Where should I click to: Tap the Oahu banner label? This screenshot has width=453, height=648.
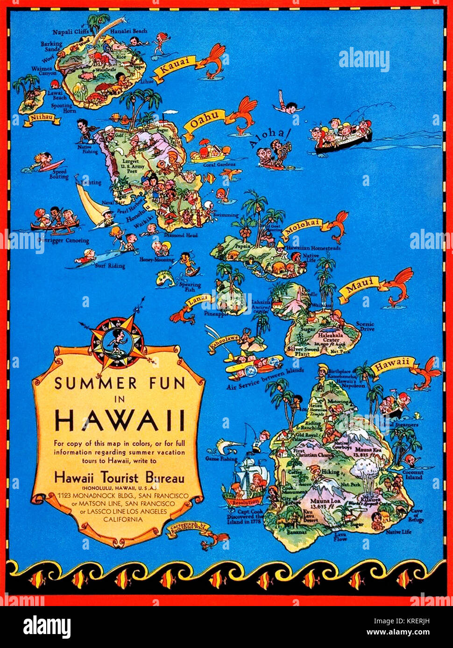(205, 121)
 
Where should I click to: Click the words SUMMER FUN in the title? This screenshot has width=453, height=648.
(120, 383)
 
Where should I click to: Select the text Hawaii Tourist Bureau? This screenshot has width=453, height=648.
(120, 478)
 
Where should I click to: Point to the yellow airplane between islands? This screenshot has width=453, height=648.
(252, 364)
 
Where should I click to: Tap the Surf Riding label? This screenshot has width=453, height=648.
(110, 266)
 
